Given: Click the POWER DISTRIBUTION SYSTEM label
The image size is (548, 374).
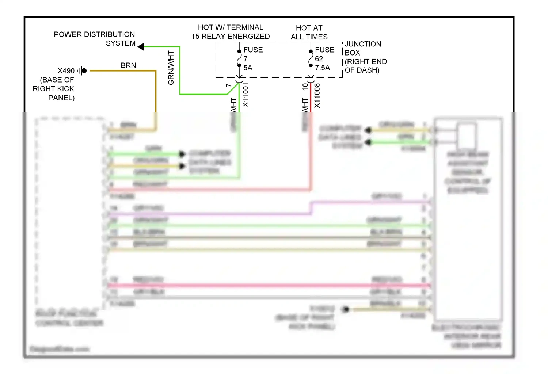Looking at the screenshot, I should point(94,39).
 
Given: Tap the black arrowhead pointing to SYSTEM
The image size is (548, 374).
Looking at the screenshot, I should point(141,47).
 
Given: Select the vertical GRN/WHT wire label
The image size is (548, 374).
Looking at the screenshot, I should point(171,68).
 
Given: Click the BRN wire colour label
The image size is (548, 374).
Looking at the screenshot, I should point(128,65).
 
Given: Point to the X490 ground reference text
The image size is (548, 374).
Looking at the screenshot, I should point(66,71).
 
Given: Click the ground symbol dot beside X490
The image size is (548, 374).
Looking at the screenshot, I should point(84,70).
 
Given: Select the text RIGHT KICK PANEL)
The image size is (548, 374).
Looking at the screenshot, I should point(54,93).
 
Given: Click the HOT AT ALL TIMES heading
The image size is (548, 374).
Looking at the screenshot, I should point(309,33).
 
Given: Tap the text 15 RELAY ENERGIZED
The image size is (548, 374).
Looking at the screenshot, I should point(231,37).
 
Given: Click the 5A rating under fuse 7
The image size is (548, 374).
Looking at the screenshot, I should point(248,68).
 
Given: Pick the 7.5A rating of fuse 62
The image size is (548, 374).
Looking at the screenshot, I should point(322,68).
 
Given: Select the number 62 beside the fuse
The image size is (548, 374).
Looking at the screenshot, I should point(319,59).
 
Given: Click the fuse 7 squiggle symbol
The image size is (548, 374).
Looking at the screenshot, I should point(239,59).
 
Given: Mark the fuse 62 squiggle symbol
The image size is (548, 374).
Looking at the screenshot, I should point(311,59).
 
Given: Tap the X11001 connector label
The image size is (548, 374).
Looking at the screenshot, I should point(246,95).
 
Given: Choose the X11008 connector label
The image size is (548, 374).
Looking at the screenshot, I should point(317,96).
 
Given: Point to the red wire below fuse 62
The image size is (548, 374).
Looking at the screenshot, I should point(311,99).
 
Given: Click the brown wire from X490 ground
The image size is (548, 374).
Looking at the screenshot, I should point(156,91).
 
